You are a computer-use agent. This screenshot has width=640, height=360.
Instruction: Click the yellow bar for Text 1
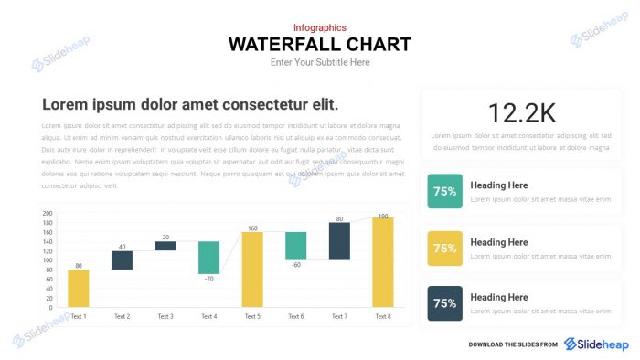point(79,288)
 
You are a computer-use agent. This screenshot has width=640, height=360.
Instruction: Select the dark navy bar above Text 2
point(122,259)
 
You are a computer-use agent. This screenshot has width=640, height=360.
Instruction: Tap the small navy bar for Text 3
point(165,245)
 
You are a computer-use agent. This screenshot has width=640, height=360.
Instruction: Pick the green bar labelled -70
point(208,258)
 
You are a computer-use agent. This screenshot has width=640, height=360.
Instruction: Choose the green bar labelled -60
point(295,246)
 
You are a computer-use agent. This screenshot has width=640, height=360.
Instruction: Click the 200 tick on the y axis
point(48,214)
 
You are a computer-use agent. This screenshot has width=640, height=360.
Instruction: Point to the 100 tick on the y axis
point(48,260)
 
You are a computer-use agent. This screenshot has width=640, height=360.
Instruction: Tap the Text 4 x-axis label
point(208,316)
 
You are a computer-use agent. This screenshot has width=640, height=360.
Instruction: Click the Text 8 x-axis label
point(382,316)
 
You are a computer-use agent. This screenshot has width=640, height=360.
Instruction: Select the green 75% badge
point(444,192)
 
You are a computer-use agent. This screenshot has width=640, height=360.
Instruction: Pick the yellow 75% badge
point(444,248)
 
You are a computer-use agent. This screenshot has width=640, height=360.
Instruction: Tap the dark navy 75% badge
point(444,303)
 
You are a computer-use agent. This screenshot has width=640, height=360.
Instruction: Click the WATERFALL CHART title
point(319,44)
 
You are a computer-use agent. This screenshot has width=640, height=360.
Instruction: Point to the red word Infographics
point(319,28)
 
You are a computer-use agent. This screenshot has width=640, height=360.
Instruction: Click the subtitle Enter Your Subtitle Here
point(319,62)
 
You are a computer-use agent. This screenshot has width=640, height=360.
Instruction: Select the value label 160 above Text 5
point(252,228)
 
